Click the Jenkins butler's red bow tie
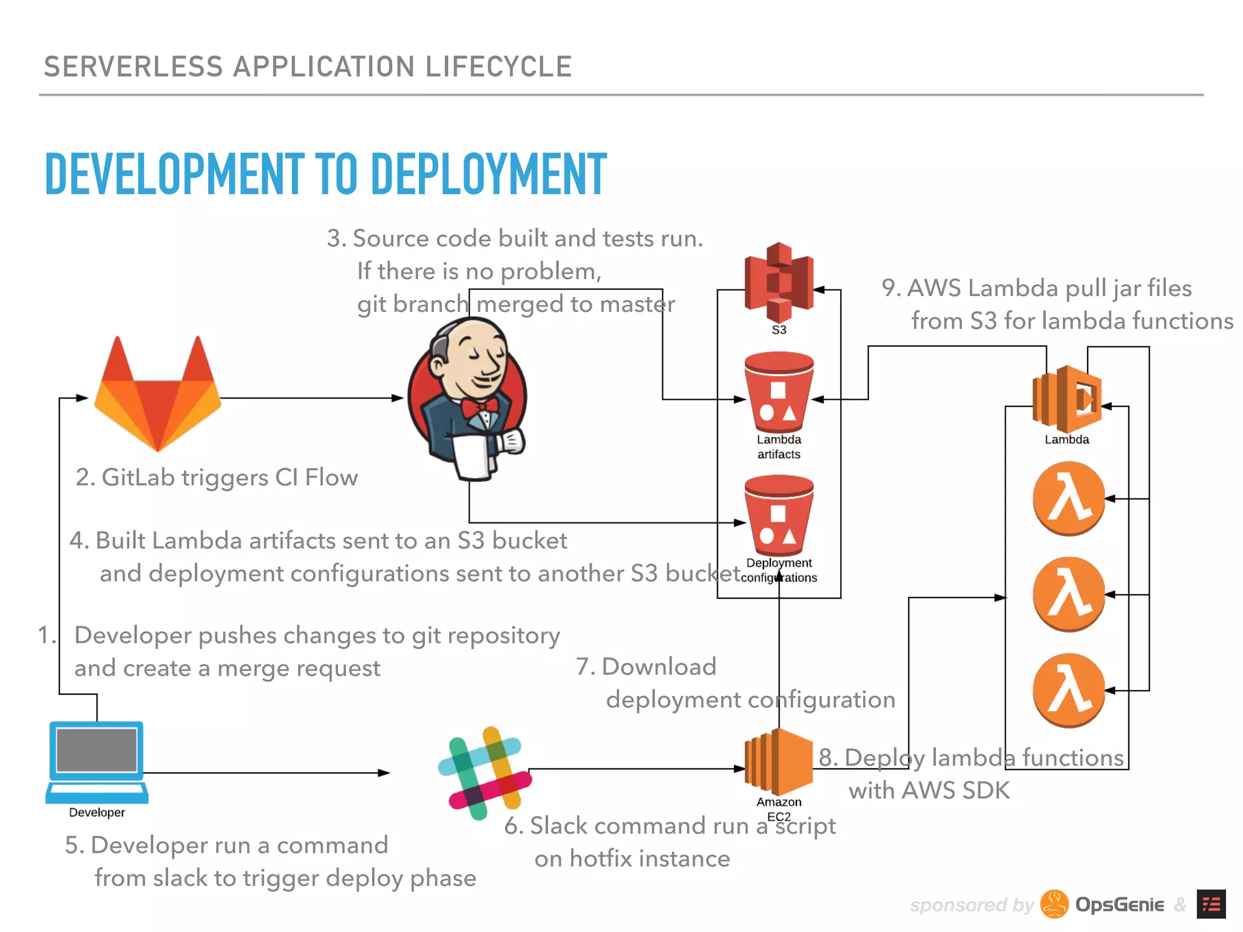click(x=479, y=406)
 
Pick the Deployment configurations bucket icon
click(x=779, y=516)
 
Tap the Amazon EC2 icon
click(x=779, y=761)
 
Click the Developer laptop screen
click(x=97, y=750)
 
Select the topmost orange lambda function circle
click(x=1069, y=498)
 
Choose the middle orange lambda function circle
click(x=1069, y=594)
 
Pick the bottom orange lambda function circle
click(x=1069, y=690)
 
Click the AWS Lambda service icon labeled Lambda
click(x=1067, y=398)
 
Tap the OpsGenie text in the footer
click(x=1119, y=905)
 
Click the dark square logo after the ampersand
click(x=1211, y=905)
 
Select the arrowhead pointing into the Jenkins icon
click(x=398, y=398)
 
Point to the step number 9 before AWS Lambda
click(x=889, y=288)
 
